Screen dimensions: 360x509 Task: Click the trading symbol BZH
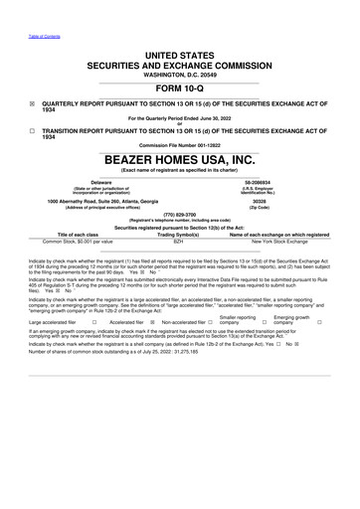pos(180,241)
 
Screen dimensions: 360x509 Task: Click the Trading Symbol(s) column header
pos(180,234)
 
